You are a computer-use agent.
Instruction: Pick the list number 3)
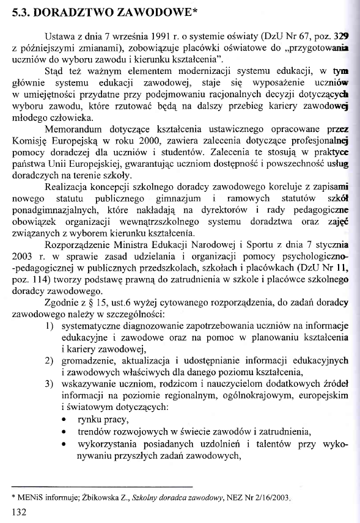click(52, 384)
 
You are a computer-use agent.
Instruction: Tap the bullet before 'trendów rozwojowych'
click(64, 432)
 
